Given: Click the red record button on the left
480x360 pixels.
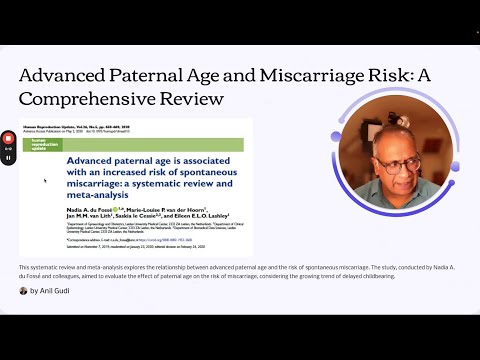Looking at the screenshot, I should pos(8,137).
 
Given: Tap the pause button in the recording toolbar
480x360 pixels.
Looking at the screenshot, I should pos(8,157).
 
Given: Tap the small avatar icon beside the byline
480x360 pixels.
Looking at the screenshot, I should pos(23,291).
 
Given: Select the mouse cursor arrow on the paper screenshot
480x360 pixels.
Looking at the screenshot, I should pos(44,181).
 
